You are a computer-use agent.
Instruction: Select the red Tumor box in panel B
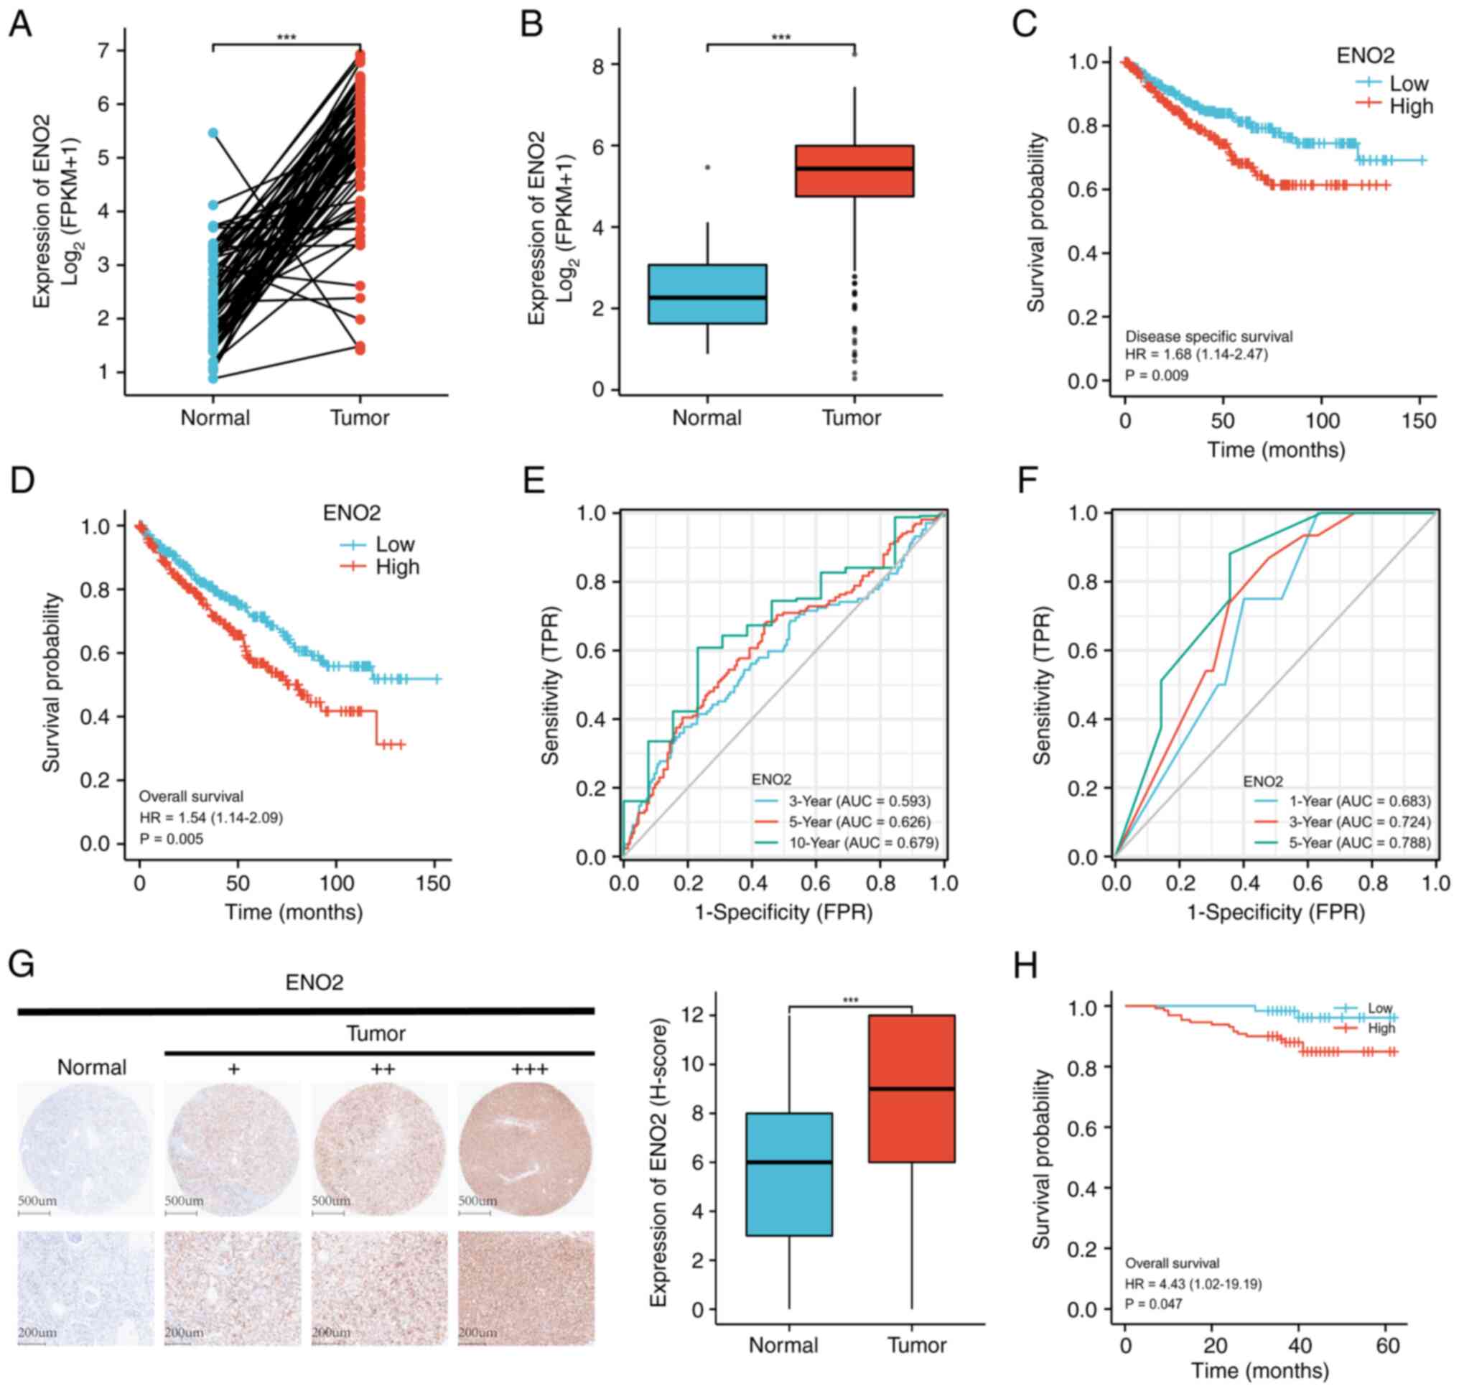(x=854, y=170)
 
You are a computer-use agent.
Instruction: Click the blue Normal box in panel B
(x=707, y=294)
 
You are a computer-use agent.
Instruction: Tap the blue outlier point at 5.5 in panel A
(x=213, y=133)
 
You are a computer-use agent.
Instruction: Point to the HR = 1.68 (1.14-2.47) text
(x=1195, y=355)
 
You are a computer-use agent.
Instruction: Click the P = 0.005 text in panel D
(x=172, y=839)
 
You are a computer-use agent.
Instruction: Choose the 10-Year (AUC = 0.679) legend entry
(x=862, y=842)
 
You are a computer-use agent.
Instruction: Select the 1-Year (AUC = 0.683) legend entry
(x=1359, y=801)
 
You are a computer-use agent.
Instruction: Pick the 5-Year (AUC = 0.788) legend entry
(x=1359, y=842)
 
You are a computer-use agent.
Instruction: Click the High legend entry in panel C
(x=1411, y=106)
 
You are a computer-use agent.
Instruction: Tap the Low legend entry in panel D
(x=394, y=544)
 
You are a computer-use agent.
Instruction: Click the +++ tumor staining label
(x=529, y=1069)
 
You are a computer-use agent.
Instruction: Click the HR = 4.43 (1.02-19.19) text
(x=1193, y=1283)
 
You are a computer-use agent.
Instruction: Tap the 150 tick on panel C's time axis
(x=1419, y=421)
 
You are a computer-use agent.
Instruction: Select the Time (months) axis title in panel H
(x=1259, y=1369)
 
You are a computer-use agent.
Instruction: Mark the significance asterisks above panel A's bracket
(x=286, y=37)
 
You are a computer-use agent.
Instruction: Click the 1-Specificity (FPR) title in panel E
(x=783, y=911)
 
